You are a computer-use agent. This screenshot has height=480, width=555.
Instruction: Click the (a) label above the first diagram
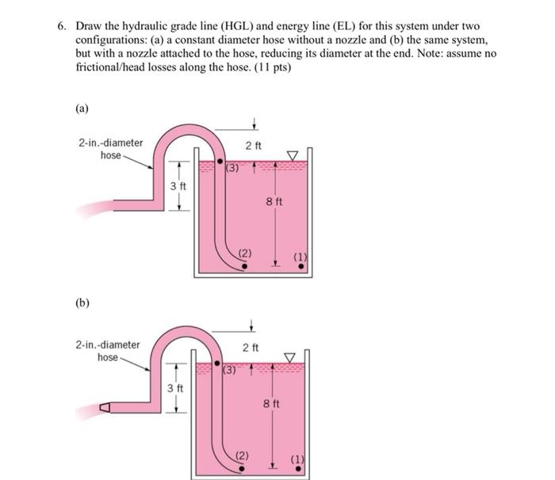pyautogui.click(x=82, y=109)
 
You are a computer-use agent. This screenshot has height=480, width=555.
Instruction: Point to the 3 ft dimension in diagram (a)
pyautogui.click(x=178, y=185)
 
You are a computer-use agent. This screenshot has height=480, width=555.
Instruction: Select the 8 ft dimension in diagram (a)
pyautogui.click(x=274, y=202)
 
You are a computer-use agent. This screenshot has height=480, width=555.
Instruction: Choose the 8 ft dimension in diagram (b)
pyautogui.click(x=271, y=404)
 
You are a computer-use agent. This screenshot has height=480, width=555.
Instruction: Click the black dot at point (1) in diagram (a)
pyautogui.click(x=300, y=267)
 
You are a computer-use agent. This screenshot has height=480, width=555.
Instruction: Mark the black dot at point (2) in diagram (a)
pyautogui.click(x=244, y=266)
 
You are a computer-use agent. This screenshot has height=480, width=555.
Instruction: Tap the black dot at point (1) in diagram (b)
pyautogui.click(x=298, y=468)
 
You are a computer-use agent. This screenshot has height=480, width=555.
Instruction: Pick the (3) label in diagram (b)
pyautogui.click(x=230, y=370)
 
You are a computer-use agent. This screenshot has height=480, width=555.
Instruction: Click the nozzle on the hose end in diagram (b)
pyautogui.click(x=104, y=409)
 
